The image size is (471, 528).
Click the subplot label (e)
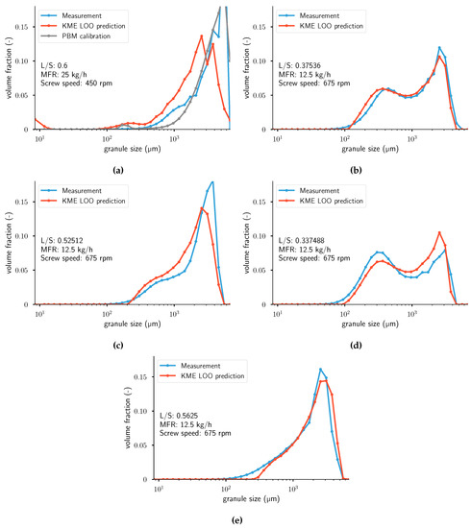[236, 519]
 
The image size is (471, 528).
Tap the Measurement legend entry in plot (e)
[199, 366]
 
